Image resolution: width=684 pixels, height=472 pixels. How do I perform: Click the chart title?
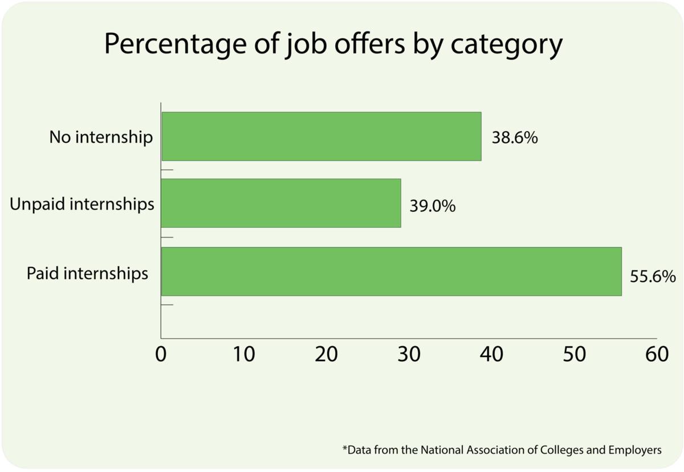pyautogui.click(x=333, y=44)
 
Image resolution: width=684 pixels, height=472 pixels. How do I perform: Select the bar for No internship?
pyautogui.click(x=321, y=136)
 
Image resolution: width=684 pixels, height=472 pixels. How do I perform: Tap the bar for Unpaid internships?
pyautogui.click(x=281, y=203)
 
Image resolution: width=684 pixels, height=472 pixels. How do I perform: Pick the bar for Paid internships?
pyautogui.click(x=391, y=271)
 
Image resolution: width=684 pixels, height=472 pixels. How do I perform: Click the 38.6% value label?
pyautogui.click(x=514, y=138)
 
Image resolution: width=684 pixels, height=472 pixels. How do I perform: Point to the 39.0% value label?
pyautogui.click(x=433, y=206)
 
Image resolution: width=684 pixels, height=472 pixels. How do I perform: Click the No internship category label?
pyautogui.click(x=101, y=137)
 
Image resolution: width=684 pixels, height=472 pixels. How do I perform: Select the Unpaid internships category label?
pyautogui.click(x=83, y=204)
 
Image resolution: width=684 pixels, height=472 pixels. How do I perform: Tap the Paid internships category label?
pyautogui.click(x=88, y=273)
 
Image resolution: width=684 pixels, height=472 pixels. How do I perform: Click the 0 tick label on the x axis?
pyautogui.click(x=161, y=354)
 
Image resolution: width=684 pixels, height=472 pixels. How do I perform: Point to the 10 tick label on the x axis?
pyautogui.click(x=243, y=354)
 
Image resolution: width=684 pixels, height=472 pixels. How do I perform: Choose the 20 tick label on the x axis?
pyautogui.click(x=327, y=354)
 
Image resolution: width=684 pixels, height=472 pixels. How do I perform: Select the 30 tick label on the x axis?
pyautogui.click(x=409, y=354)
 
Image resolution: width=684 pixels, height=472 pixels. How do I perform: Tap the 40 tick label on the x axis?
pyautogui.click(x=491, y=354)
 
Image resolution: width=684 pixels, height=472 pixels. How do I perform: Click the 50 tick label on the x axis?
pyautogui.click(x=574, y=354)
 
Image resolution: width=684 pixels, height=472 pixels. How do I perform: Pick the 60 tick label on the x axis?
pyautogui.click(x=657, y=354)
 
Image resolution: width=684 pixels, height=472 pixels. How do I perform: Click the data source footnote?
pyautogui.click(x=502, y=450)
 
